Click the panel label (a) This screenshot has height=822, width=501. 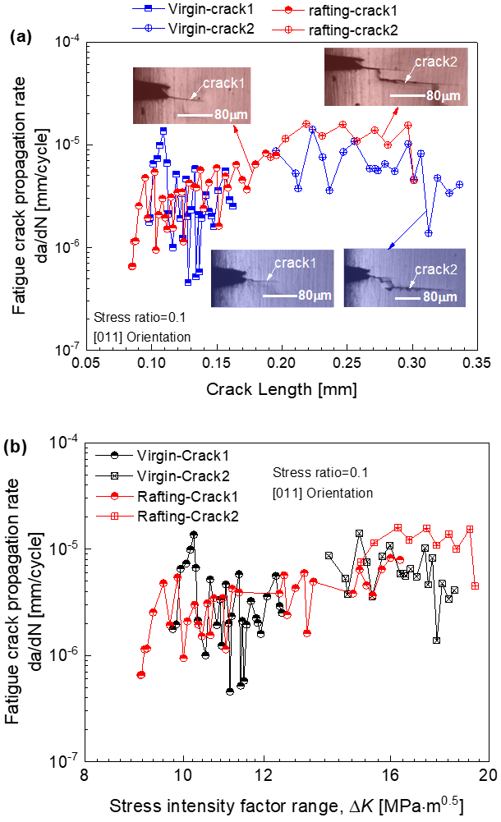click(x=20, y=37)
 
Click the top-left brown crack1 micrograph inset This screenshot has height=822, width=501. click(x=191, y=96)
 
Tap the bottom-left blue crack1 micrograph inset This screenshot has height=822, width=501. click(x=272, y=279)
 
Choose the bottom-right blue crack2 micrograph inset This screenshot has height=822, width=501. click(x=404, y=278)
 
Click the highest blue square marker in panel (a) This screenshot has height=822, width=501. click(x=164, y=131)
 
